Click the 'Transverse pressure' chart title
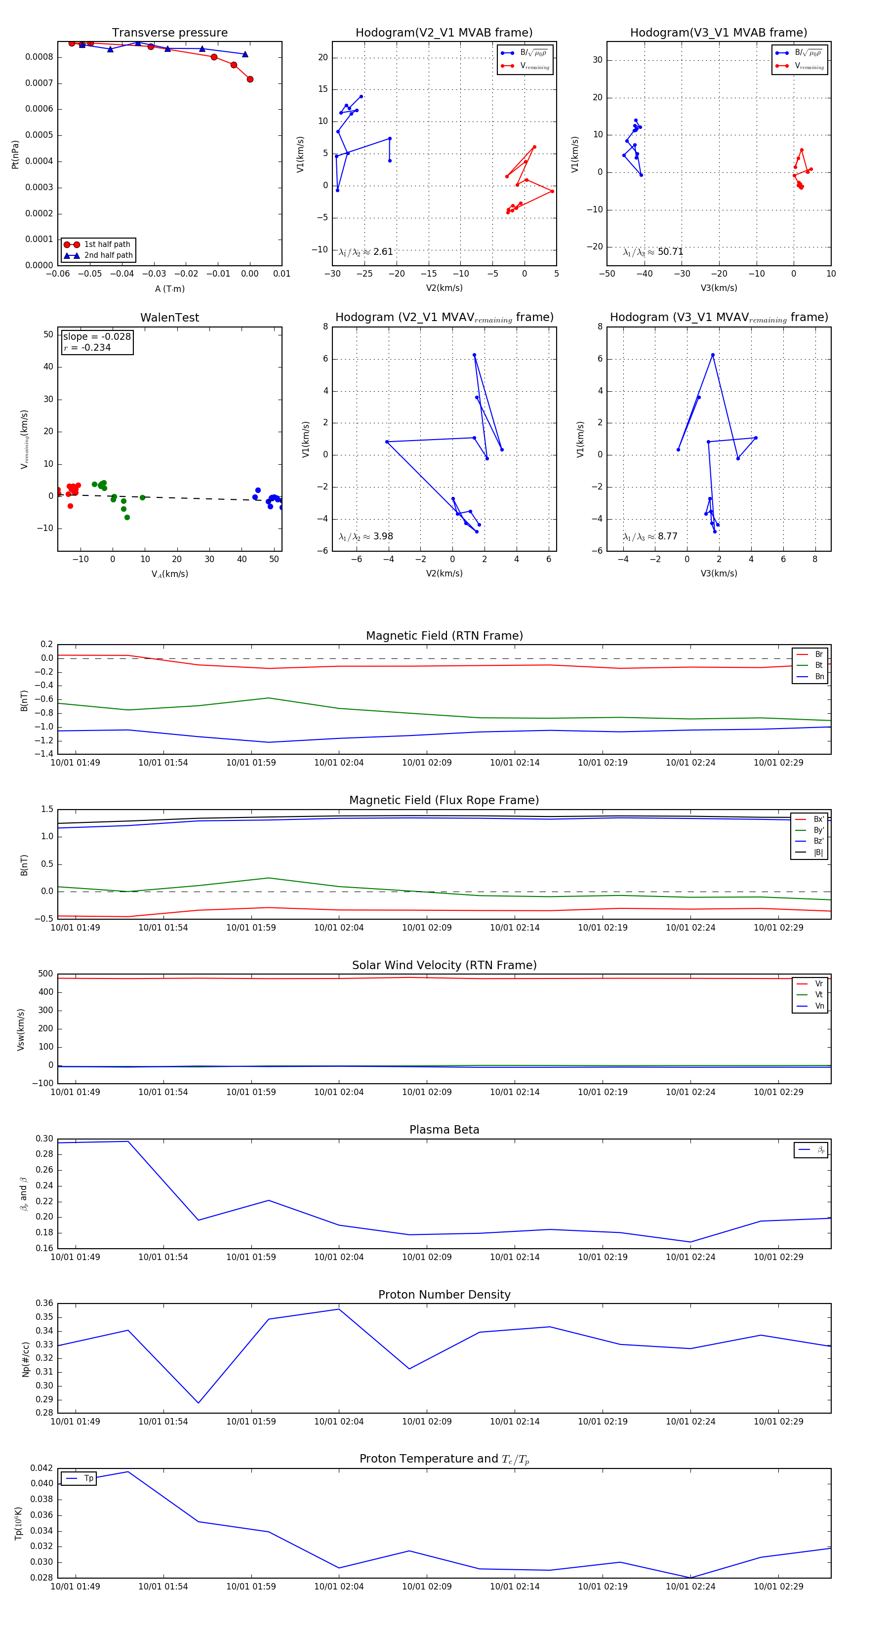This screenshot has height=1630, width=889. point(169,33)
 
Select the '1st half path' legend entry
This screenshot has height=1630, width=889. point(106,244)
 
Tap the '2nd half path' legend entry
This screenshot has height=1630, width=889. point(108,256)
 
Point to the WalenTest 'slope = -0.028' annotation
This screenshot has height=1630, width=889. point(97,337)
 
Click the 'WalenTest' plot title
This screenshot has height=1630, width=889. point(169,318)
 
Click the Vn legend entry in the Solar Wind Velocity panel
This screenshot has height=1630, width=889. point(819,1006)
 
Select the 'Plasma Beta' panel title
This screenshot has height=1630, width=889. point(444,1130)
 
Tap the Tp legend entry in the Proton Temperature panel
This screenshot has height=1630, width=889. point(88,1478)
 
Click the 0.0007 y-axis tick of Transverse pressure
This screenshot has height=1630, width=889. point(39,83)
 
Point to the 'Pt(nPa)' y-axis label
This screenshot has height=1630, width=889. point(15,154)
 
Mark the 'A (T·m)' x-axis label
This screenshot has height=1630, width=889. point(169,289)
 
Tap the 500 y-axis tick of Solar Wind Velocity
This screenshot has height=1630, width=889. point(45,974)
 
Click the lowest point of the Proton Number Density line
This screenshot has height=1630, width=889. point(199,1403)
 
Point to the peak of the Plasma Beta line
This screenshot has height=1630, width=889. point(128,1141)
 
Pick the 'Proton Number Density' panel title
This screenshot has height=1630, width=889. point(444,1295)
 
